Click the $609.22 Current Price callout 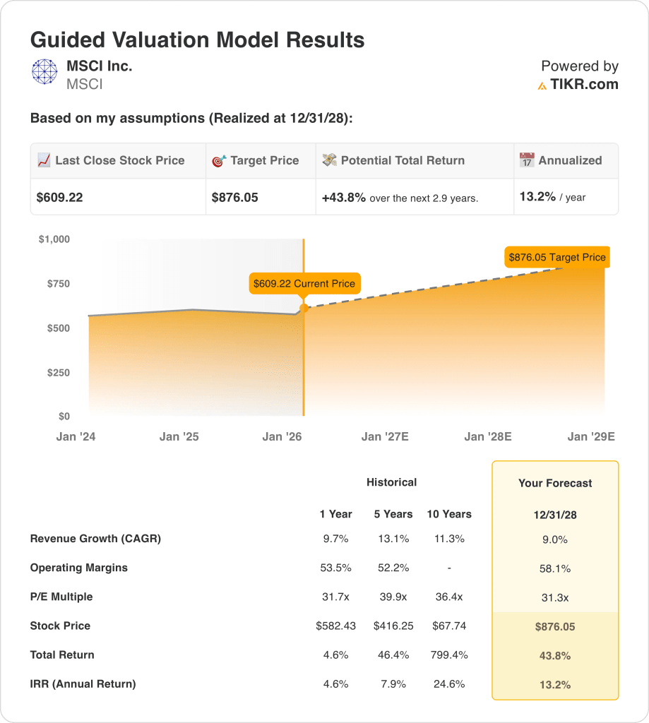pos(304,284)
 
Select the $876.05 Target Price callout pos(557,257)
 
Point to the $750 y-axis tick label pos(54,284)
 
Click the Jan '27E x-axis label pos(385,437)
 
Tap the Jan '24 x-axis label pos(76,437)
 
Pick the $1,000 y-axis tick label pos(54,239)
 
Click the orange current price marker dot pos(304,308)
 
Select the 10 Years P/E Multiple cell pos(449,597)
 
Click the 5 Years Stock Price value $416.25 pos(393,626)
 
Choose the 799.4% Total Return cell pos(449,655)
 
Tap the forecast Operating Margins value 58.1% pos(555,568)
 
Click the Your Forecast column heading pos(555,484)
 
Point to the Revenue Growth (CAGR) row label pos(95,539)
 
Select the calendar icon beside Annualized pos(527,160)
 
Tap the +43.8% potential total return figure pos(344,198)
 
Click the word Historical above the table pos(392,482)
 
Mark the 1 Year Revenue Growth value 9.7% pos(335,539)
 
